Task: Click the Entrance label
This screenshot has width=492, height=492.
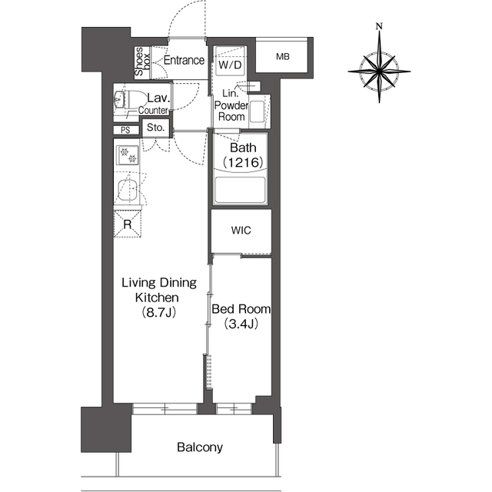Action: click(x=184, y=60)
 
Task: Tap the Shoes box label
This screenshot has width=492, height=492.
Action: click(x=142, y=61)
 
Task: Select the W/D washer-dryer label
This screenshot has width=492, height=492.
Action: click(x=230, y=65)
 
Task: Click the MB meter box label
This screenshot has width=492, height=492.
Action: click(x=283, y=57)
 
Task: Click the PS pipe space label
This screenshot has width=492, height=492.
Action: click(x=125, y=130)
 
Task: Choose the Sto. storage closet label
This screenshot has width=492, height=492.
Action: click(x=155, y=128)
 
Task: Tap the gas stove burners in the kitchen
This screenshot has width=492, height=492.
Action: click(x=128, y=155)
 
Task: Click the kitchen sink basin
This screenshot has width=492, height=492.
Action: click(x=127, y=191)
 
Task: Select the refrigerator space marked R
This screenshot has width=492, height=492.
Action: click(x=128, y=224)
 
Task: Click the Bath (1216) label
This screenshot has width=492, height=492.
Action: click(x=243, y=155)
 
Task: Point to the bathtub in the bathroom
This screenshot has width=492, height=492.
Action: click(x=241, y=190)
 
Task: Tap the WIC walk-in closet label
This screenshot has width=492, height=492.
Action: click(x=241, y=231)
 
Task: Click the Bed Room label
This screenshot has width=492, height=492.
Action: click(x=241, y=309)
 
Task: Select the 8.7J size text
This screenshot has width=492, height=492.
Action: click(x=159, y=312)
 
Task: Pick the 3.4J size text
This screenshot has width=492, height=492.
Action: click(x=241, y=324)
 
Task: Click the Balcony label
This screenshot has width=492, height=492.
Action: click(x=200, y=447)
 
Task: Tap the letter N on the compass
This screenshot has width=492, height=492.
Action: click(x=379, y=26)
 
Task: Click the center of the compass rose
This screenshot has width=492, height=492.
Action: click(x=379, y=71)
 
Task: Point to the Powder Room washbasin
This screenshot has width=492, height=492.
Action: click(x=258, y=111)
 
